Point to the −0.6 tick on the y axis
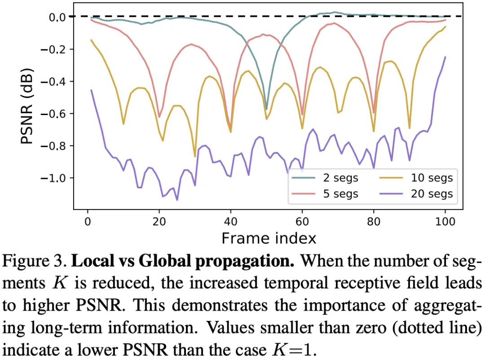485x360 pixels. pyautogui.click(x=53, y=113)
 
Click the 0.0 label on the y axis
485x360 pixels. pyautogui.click(x=57, y=17)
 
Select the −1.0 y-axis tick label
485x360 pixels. pyautogui.click(x=53, y=178)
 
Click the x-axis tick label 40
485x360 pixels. pyautogui.click(x=230, y=221)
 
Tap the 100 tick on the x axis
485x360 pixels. pyautogui.click(x=445, y=221)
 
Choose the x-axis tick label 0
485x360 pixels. pyautogui.click(x=87, y=221)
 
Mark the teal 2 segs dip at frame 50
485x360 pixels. pyautogui.click(x=266, y=109)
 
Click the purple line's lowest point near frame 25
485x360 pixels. pyautogui.click(x=177, y=200)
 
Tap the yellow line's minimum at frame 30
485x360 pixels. pyautogui.click(x=195, y=156)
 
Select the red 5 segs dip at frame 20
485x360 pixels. pyautogui.click(x=159, y=117)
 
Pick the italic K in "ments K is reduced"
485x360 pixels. pyautogui.click(x=57, y=284)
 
